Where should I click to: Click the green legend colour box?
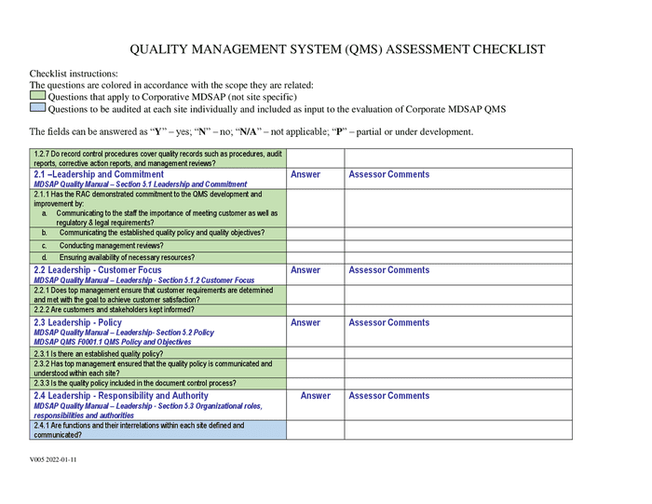click(37, 96)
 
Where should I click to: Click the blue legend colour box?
click(37, 108)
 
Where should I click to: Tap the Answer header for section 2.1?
click(306, 174)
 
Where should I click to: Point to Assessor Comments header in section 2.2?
click(388, 270)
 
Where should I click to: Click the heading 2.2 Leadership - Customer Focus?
click(97, 270)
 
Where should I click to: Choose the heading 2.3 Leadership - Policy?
click(77, 322)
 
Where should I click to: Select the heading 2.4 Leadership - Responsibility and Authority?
click(121, 396)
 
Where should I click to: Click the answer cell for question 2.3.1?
click(315, 354)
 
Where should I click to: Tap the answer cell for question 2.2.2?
click(315, 310)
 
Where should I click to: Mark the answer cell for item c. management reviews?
click(315, 246)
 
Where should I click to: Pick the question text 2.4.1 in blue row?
click(139, 429)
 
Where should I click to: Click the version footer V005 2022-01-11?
click(53, 460)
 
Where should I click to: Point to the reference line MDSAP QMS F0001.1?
click(112, 342)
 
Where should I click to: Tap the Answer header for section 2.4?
click(316, 396)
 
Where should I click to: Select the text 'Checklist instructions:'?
click(74, 74)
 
